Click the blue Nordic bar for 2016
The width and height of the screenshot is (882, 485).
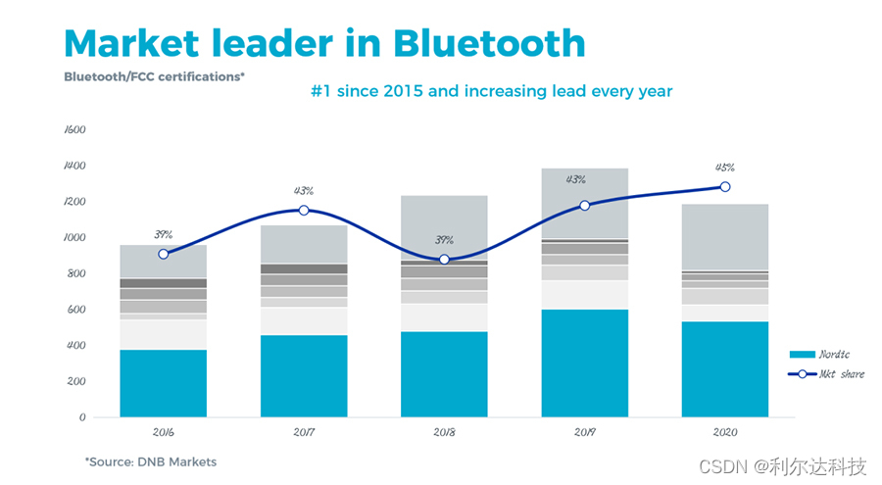[x=163, y=383]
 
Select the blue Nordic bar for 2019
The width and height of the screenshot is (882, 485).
[x=585, y=363]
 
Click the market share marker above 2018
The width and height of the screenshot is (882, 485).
[x=444, y=260]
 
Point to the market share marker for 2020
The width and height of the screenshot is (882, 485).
[x=725, y=186]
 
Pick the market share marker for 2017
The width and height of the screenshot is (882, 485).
[x=304, y=210]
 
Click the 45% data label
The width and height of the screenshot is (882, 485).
[x=725, y=167]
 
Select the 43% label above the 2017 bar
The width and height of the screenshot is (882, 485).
[x=304, y=190]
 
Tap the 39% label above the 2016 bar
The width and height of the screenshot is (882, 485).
[x=163, y=234]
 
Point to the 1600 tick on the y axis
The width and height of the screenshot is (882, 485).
[x=75, y=129]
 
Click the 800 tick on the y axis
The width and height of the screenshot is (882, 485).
[x=77, y=273]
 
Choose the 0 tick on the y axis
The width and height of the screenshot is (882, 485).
[x=83, y=417]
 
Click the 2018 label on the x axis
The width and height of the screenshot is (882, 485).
[x=444, y=431]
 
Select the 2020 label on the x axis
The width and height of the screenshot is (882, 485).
[x=725, y=431]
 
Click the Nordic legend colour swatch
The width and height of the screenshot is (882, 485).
[x=802, y=355]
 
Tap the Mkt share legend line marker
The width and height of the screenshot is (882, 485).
[x=802, y=374]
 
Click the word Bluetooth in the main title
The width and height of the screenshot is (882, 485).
[x=489, y=43]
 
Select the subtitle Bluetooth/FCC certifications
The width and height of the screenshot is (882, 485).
[x=154, y=75]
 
